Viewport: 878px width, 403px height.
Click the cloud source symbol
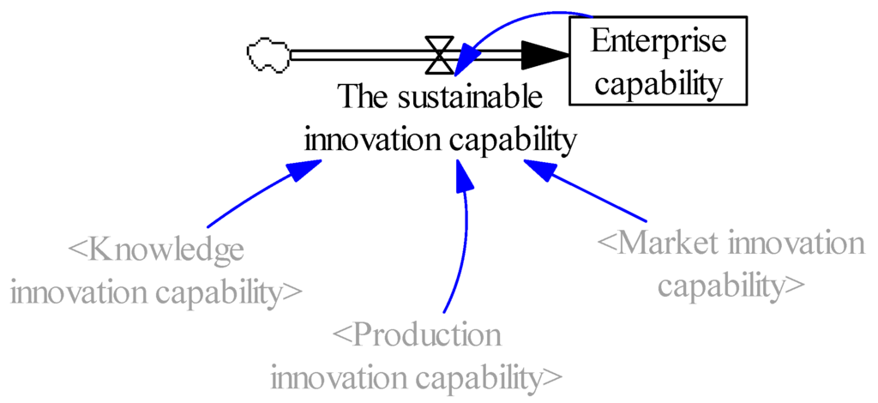[x=268, y=56]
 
